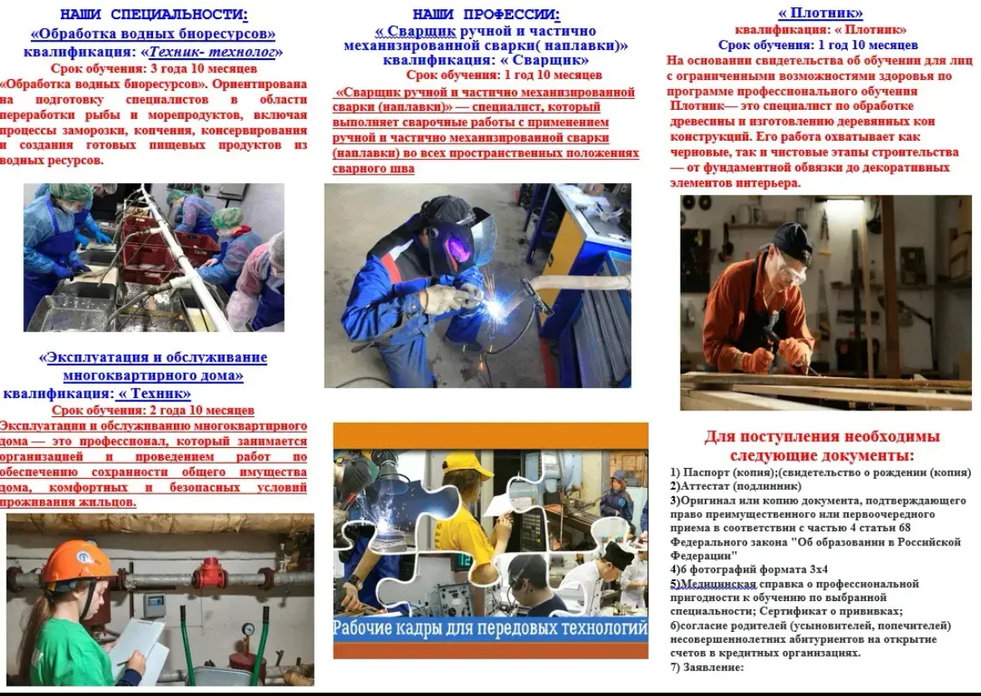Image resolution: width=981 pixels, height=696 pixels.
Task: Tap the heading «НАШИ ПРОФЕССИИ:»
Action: coord(486,14)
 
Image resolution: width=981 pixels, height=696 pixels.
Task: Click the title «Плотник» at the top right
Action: coord(820,13)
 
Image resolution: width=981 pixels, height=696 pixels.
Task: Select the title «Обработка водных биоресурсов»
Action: coord(153,33)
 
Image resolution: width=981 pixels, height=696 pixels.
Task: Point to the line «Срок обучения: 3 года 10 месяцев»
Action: coord(154,68)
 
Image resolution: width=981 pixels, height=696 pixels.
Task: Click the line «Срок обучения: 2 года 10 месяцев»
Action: coord(153,410)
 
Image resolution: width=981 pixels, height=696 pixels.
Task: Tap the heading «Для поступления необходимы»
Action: coord(822,436)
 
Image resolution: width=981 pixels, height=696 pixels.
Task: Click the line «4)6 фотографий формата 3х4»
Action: coord(749,569)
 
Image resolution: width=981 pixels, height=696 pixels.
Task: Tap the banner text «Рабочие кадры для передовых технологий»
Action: coord(490,627)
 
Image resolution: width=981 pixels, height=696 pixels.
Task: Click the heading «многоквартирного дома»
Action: coord(153,375)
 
